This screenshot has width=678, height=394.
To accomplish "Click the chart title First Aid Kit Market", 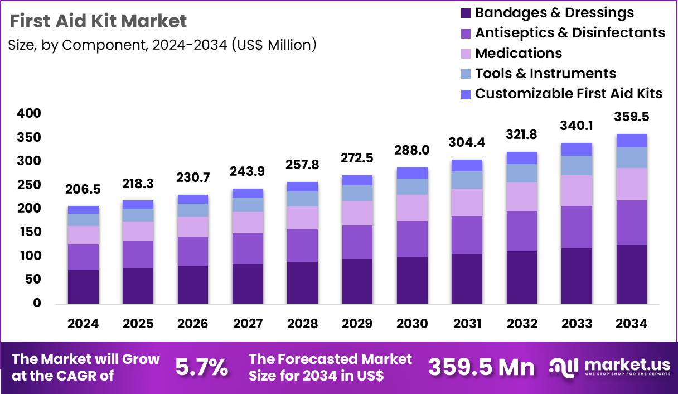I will [98, 21].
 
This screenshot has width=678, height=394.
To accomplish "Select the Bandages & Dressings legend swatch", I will [466, 13].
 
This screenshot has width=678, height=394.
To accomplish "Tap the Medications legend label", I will [518, 53].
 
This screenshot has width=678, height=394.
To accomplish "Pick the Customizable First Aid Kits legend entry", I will [568, 93].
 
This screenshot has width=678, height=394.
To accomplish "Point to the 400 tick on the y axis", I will [30, 113].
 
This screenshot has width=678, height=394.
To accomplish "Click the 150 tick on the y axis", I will [30, 232].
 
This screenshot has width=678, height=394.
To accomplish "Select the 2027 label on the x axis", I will [248, 324].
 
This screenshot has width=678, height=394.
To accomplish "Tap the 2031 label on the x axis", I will [467, 324].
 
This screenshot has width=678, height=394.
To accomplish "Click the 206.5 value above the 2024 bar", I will [83, 190].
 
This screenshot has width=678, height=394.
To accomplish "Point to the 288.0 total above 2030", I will [412, 151].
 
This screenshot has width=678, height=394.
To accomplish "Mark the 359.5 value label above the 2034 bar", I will [632, 117].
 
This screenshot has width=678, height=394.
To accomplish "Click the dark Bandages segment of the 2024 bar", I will [83, 287].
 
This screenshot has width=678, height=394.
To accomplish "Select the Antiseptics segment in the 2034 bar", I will [632, 222].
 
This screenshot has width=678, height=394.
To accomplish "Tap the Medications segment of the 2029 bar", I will [357, 213].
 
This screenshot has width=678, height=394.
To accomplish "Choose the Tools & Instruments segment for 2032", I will [522, 173].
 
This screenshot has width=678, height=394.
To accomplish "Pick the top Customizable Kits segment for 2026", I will [193, 199].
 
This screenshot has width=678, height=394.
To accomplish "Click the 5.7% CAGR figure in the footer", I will [202, 367].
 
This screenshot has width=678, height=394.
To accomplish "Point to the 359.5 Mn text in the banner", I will [481, 367].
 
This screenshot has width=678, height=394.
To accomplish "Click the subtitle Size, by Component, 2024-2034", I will [162, 45].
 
